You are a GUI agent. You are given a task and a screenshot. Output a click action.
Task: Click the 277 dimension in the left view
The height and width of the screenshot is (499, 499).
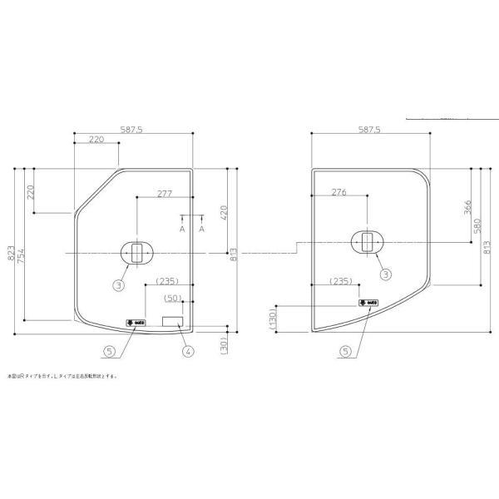[x=164, y=194]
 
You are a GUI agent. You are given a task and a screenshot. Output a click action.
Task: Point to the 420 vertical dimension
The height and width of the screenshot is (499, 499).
[x=223, y=212]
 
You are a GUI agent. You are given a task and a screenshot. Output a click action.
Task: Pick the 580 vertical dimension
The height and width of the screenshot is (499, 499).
[x=477, y=225]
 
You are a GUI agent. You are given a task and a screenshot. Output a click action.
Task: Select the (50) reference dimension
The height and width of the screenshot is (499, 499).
[x=173, y=298]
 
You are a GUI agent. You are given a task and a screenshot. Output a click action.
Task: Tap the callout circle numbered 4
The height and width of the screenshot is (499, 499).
[x=188, y=351]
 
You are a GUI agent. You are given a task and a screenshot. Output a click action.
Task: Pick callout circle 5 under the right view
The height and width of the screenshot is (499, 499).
[x=343, y=351]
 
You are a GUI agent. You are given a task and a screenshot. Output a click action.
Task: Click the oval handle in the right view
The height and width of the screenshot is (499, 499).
[x=365, y=241]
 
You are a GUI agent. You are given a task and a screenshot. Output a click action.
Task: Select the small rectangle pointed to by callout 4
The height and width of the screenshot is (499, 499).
[x=172, y=321]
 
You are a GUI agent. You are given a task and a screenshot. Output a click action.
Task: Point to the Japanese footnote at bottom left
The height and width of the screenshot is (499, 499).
[x=63, y=375]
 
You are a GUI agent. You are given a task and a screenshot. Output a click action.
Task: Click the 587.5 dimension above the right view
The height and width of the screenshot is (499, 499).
[x=368, y=130]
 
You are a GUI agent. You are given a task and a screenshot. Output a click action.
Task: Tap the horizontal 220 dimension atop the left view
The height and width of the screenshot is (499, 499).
[x=96, y=140]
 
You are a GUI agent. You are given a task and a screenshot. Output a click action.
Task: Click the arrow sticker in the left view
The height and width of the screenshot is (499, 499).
[x=136, y=321]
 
